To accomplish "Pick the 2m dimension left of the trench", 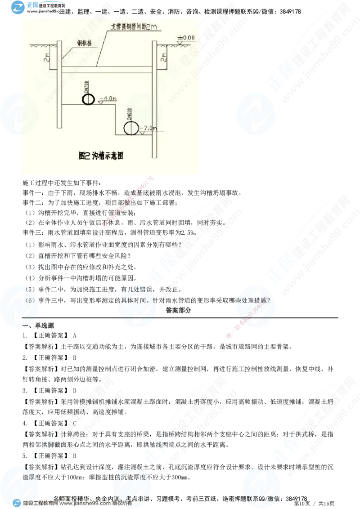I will click(47, 57).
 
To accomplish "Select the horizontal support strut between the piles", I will click(107, 71).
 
